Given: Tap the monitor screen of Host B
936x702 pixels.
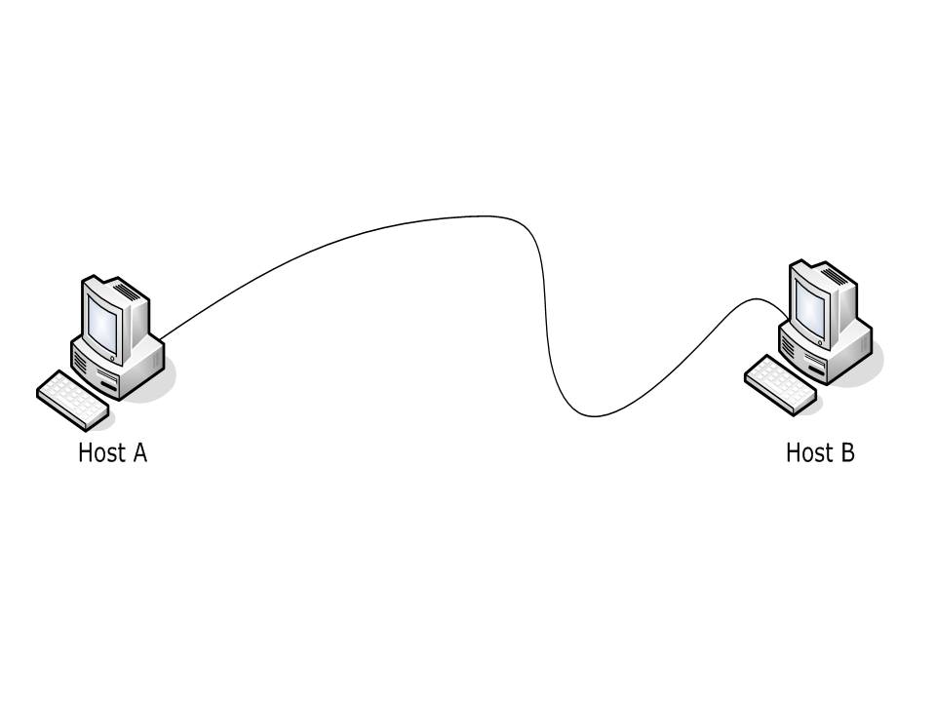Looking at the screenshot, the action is [x=811, y=304].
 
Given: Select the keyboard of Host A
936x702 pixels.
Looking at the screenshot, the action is [x=72, y=399].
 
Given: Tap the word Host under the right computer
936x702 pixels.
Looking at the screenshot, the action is [x=807, y=453].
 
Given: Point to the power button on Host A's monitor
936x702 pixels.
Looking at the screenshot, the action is [x=114, y=359].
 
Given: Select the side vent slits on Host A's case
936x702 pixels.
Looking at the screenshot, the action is [x=81, y=368].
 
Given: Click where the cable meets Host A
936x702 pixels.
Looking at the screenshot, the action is [x=161, y=339].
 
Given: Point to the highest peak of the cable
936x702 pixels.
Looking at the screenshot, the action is [x=483, y=216].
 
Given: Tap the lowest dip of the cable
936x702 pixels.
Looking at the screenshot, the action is [x=595, y=417].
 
